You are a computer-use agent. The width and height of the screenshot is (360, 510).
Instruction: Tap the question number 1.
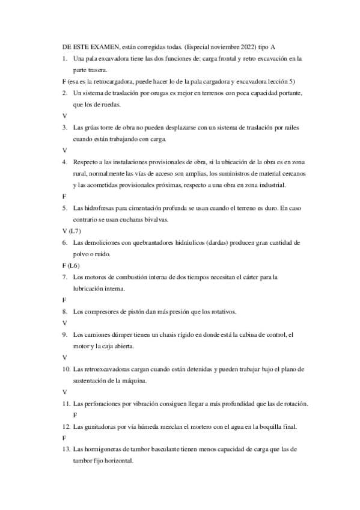[x=64, y=59]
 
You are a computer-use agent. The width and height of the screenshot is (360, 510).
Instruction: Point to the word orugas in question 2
[x=162, y=93]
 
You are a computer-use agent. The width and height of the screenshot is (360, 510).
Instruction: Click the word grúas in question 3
[x=90, y=127]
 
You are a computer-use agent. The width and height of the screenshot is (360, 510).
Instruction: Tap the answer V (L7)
[x=73, y=230]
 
